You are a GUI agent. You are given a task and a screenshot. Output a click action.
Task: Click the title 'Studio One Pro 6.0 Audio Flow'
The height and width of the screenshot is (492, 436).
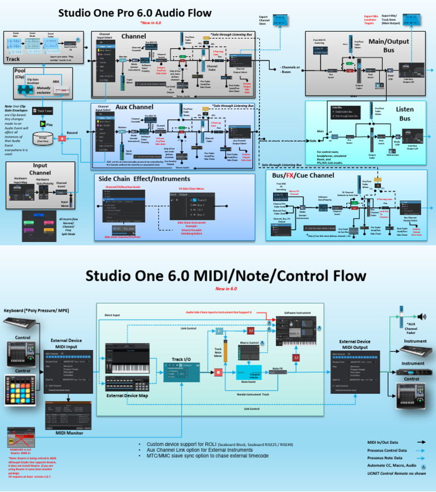135,12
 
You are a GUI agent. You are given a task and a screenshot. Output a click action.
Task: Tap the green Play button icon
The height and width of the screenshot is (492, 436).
43,123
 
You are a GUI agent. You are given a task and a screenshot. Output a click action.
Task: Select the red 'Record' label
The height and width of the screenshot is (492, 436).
72,133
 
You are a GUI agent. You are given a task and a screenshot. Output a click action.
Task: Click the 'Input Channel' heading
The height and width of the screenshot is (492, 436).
40,169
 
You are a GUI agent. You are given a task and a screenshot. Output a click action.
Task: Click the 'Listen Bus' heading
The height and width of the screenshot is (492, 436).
404,114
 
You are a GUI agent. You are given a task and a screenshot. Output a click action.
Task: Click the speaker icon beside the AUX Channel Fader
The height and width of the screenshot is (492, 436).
421,316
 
